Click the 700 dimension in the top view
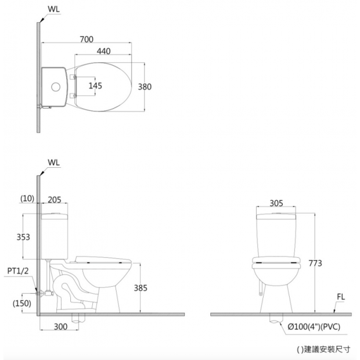point(87,39)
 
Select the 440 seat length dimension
point(103,51)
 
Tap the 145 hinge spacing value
point(95,86)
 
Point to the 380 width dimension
point(145,87)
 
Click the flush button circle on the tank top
point(56,87)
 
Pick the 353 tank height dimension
point(23,237)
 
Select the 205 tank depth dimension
point(55,200)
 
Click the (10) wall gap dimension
point(27,199)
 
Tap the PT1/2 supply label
point(18,271)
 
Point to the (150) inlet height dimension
point(22,303)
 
